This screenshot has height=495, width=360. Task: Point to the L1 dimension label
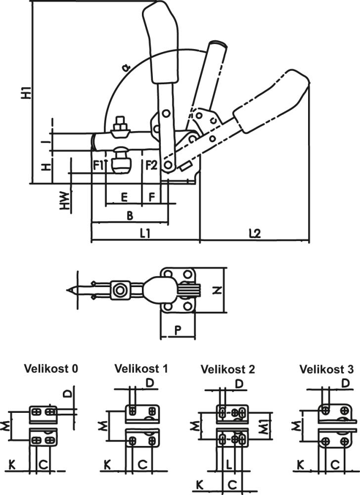point(144,233)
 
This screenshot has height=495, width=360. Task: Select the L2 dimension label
point(254,233)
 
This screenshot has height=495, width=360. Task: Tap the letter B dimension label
point(130,215)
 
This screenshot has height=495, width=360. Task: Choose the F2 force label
point(151,165)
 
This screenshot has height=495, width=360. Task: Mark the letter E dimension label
point(124,197)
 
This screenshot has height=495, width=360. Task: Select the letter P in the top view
point(178,330)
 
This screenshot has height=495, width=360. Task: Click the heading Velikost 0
point(51,369)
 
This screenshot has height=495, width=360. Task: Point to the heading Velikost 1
point(141,369)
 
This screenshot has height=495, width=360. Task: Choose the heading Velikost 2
point(228,369)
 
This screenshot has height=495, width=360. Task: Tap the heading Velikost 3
point(327,369)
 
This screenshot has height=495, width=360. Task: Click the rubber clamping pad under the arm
point(120,164)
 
